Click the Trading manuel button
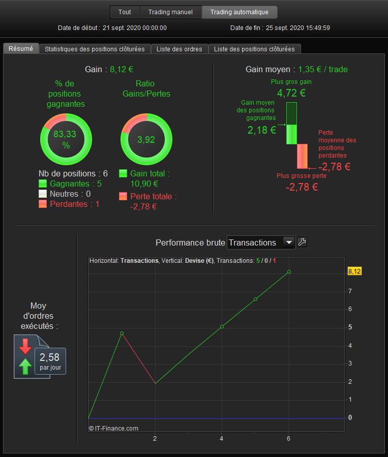tap(170, 12)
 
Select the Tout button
tap(125, 12)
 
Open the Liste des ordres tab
tap(180, 49)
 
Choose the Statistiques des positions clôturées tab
tap(95, 49)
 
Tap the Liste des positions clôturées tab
tap(254, 49)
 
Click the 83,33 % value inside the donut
tap(65, 139)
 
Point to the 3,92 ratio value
tap(146, 140)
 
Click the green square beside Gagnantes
tap(43, 184)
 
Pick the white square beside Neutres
tap(43, 194)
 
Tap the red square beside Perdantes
tap(43, 204)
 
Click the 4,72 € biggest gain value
tap(291, 93)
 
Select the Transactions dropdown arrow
tap(289, 242)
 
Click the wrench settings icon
tap(302, 242)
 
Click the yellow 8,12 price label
tap(354, 271)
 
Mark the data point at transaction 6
tap(289, 271)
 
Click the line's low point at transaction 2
tap(156, 383)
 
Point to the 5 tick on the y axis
tap(350, 327)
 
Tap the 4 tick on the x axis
tap(222, 438)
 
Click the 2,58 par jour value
tap(50, 361)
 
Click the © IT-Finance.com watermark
tap(113, 428)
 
